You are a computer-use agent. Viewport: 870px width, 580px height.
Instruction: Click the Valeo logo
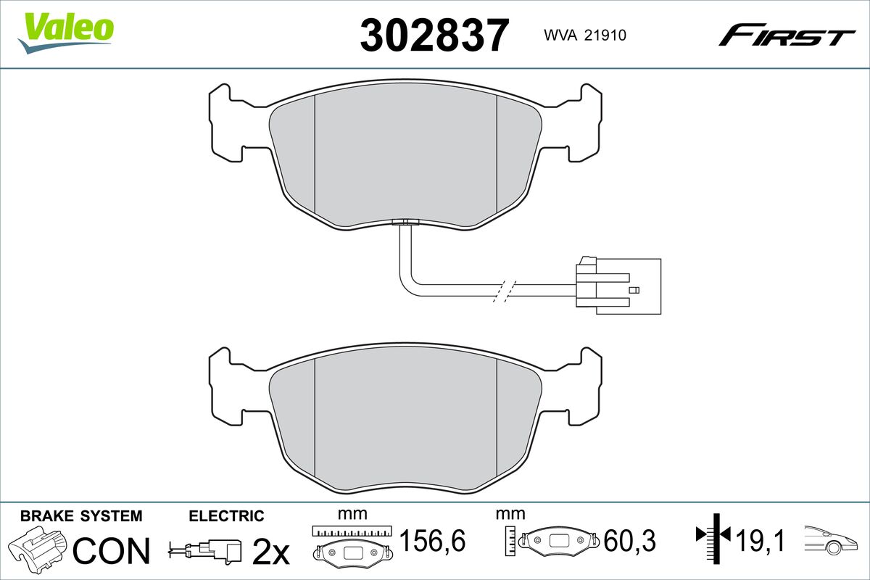pyautogui.click(x=66, y=33)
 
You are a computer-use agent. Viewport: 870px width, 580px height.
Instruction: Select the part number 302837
pyautogui.click(x=434, y=35)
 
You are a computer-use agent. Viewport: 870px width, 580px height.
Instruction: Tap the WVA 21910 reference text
pyautogui.click(x=585, y=36)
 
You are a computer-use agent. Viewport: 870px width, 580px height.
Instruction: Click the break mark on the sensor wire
pyautogui.click(x=505, y=290)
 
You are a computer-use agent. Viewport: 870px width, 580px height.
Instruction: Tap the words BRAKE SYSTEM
pyautogui.click(x=81, y=516)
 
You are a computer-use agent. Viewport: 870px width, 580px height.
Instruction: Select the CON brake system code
pyautogui.click(x=112, y=551)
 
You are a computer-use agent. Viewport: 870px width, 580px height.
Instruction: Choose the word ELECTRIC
pyautogui.click(x=226, y=516)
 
